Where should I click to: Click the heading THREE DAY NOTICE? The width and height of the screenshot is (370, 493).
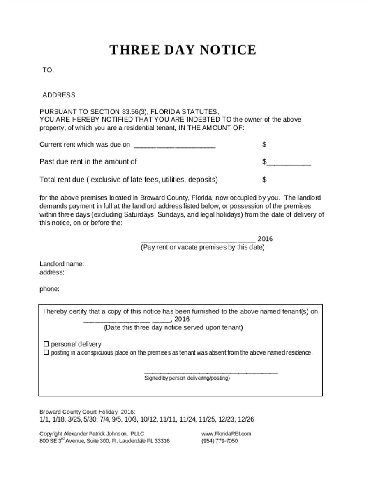pos(183,50)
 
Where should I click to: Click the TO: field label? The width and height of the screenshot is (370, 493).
pos(48,70)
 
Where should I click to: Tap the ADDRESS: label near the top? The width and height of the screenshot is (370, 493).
pos(60,95)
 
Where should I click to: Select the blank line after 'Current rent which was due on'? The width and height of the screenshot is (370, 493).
pos(175,146)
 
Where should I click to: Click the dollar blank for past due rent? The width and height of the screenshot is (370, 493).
pos(289,164)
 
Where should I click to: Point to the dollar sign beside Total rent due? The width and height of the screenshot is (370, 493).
pos(264,180)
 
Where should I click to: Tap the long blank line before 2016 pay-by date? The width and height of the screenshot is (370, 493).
pos(198,240)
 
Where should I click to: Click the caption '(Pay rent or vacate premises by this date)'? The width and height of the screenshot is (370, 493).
pos(203,247)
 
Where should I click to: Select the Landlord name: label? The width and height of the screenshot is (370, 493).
pos(62,264)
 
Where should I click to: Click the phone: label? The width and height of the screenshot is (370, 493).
pos(49,289)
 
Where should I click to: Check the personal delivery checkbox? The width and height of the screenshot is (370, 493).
pos(46,344)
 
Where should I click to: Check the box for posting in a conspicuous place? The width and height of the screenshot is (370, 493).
pos(46,352)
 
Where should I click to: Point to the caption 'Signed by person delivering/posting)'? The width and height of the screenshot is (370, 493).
pos(187,378)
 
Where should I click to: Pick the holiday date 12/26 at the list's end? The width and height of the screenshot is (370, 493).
pos(246,419)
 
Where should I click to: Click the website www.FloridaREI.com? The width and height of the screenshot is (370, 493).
pos(226,433)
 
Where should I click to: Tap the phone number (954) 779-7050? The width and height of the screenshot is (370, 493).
pos(220,441)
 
